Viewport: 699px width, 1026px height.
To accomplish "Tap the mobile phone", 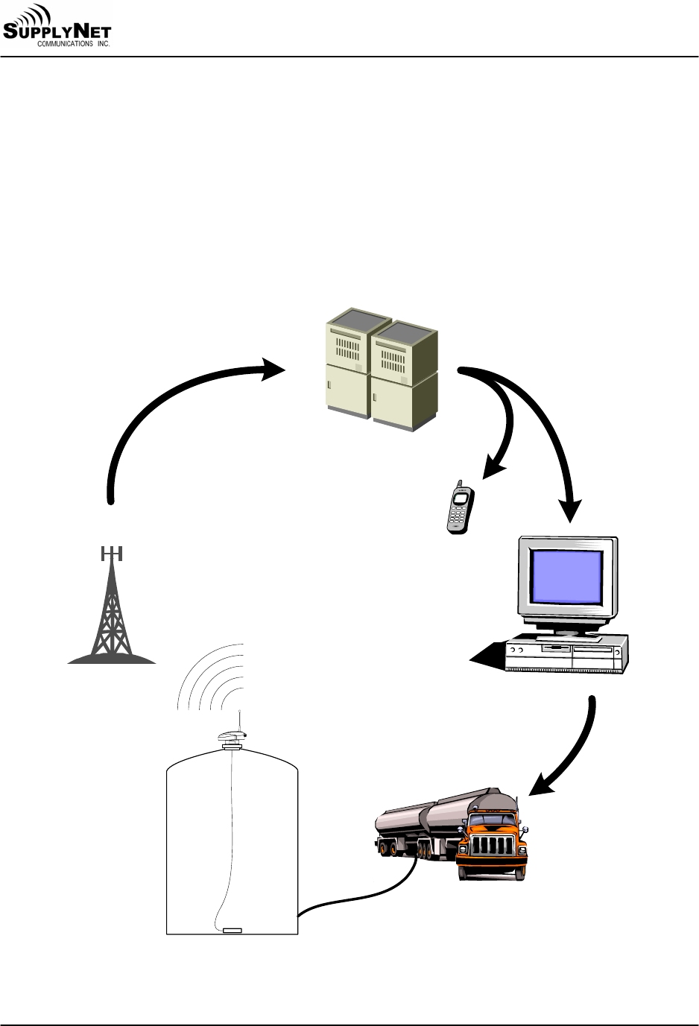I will (460, 507).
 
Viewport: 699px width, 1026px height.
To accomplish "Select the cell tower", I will (112, 611).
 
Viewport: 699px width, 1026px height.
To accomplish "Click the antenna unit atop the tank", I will (233, 738).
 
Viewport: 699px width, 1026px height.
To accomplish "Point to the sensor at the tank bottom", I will (233, 930).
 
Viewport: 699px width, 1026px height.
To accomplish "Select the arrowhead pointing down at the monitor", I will (572, 510).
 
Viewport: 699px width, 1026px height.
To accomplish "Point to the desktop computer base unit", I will (566, 656).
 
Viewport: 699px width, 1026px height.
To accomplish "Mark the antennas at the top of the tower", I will (112, 554).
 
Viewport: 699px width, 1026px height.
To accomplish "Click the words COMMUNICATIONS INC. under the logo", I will (73, 44).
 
